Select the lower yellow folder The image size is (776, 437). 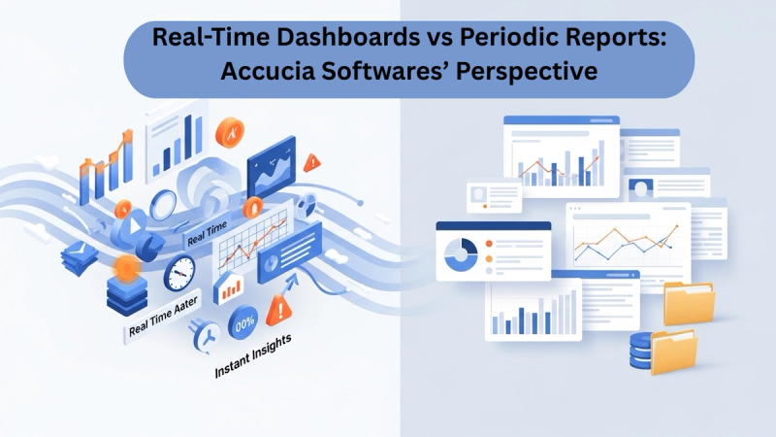pyautogui.click(x=673, y=352)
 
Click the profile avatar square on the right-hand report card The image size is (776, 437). pyautogui.click(x=639, y=186)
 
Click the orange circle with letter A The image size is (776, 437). pyautogui.click(x=231, y=130)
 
